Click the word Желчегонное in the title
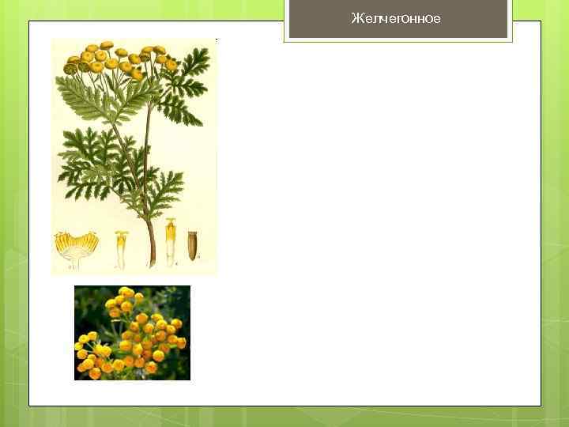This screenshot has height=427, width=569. tap(396, 19)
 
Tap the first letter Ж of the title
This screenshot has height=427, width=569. tap(356, 19)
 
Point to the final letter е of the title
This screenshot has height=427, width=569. tap(437, 19)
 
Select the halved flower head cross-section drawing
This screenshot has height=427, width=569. tap(76, 246)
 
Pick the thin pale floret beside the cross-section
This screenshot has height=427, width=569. tap(122, 246)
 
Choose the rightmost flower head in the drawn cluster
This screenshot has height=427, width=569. tap(171, 64)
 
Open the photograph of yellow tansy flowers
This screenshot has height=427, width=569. tap(132, 333)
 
